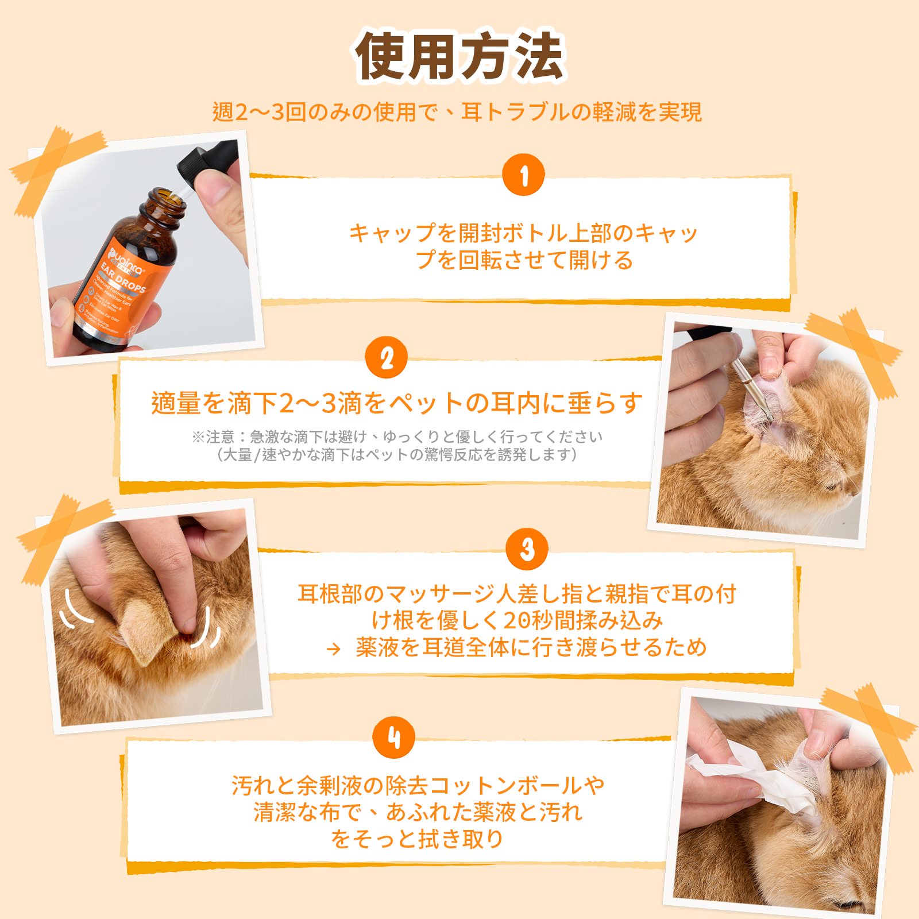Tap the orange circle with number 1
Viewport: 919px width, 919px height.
(523, 175)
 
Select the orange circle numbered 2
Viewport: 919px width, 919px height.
(387, 358)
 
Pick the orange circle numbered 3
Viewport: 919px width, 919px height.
(527, 549)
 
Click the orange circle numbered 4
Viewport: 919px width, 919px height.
(393, 737)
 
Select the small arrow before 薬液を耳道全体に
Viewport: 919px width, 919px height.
(333, 650)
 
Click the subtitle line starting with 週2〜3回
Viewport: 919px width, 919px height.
(457, 112)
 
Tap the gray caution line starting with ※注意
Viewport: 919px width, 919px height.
(396, 437)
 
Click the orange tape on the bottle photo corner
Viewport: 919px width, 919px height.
(55, 167)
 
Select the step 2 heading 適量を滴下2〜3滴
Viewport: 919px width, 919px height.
(396, 403)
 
